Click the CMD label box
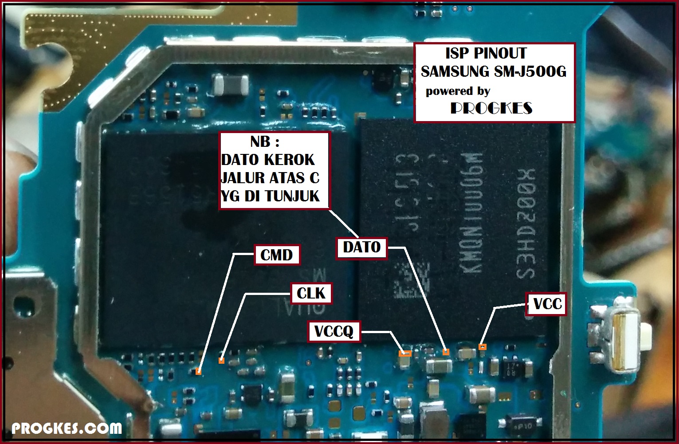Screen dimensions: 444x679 pos(277,255)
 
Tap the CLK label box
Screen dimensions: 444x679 pos(311,293)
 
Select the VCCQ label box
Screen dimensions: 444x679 pos(334,331)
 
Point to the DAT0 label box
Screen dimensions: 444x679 pos(362,247)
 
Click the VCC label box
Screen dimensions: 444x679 pos(547,304)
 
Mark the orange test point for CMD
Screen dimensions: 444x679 pos(199,372)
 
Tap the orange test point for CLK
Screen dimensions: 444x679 pos(221,361)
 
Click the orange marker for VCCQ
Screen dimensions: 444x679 pos(405,354)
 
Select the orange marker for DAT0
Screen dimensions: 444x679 pos(446,352)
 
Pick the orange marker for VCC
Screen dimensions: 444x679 pos(482,346)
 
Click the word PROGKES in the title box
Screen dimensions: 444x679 pos(491,108)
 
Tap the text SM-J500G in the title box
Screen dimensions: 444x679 pos(528,71)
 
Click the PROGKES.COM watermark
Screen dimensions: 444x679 pos(67,428)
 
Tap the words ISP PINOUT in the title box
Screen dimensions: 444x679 pos(486,53)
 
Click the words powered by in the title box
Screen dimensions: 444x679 pos(458,91)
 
